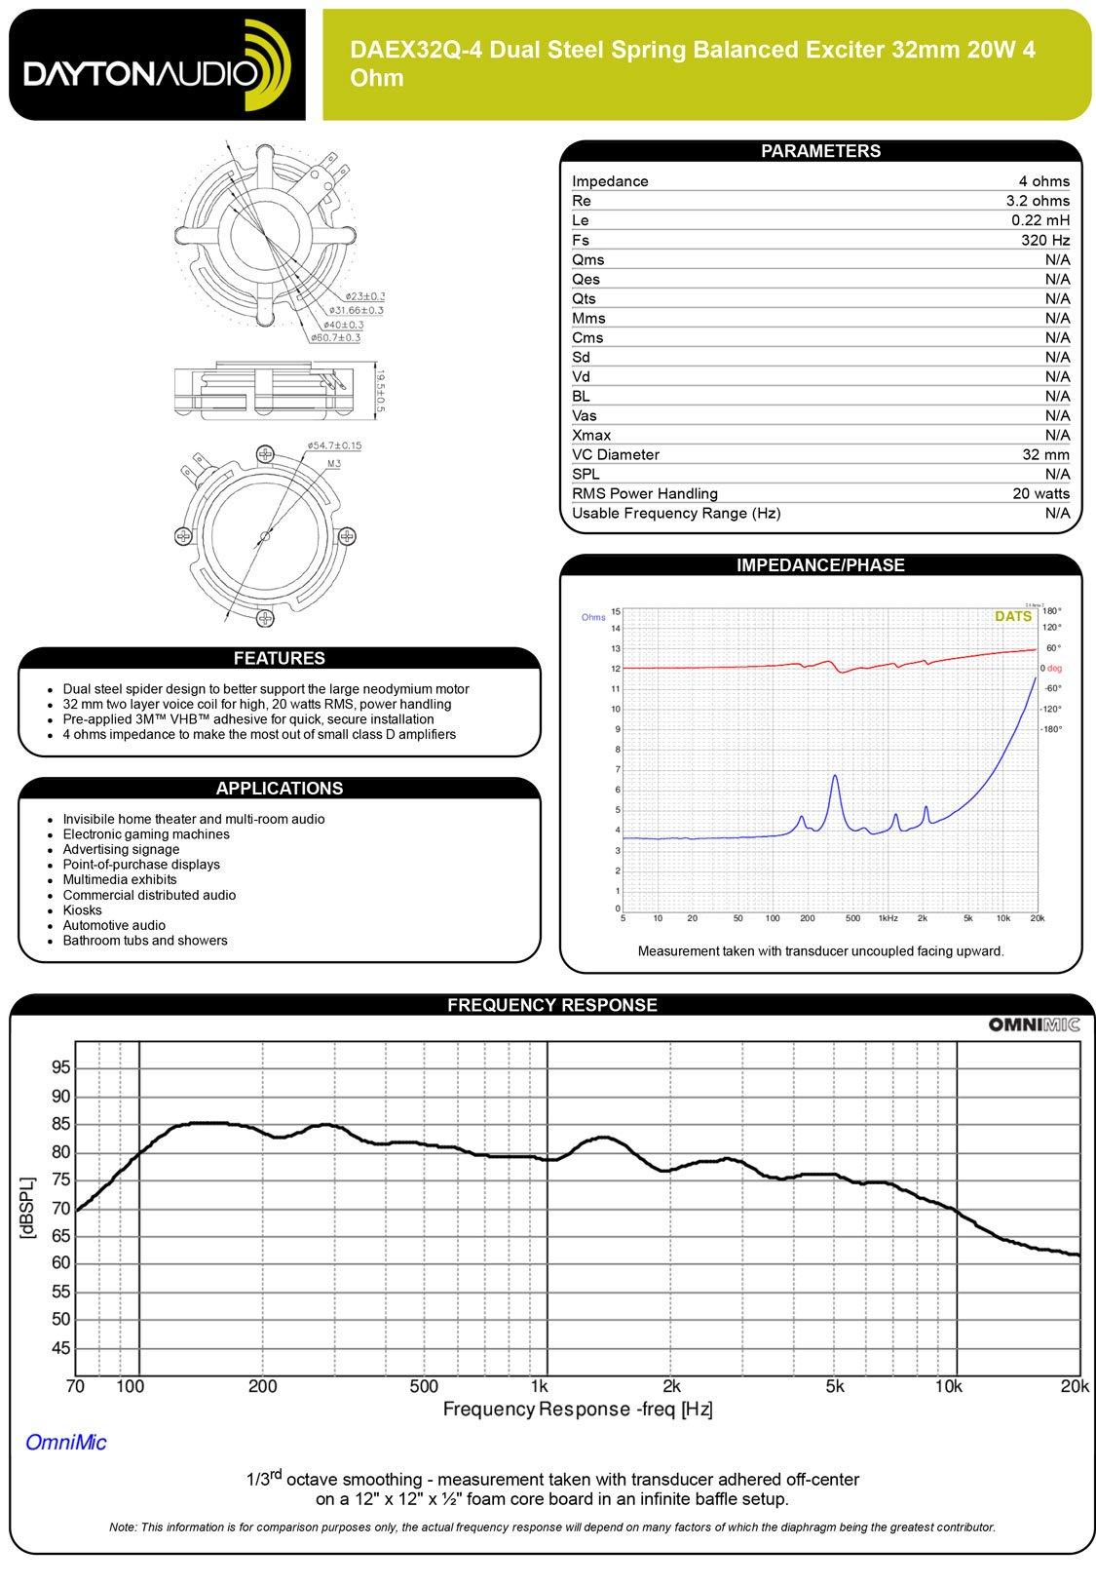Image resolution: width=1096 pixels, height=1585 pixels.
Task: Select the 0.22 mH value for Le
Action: [1040, 220]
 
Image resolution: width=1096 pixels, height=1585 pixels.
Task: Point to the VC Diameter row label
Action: [615, 454]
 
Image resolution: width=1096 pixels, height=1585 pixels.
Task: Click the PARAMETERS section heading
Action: [820, 151]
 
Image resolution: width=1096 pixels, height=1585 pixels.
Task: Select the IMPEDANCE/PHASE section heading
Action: [820, 565]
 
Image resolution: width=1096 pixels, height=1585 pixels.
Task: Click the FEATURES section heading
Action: [279, 659]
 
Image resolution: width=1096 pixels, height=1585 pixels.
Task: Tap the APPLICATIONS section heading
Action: [279, 789]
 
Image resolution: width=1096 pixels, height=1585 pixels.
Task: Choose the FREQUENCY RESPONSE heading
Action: [551, 1005]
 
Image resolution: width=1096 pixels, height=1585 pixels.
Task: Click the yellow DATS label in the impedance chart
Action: [1012, 617]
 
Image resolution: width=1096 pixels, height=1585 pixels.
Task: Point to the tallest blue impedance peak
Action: [835, 777]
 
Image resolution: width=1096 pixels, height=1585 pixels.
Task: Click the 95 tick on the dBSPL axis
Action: [60, 1068]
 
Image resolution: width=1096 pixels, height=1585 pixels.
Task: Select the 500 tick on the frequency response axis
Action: [423, 1386]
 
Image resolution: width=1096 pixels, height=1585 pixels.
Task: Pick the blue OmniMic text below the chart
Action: [66, 1443]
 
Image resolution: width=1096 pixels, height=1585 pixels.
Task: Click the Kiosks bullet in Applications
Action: [82, 910]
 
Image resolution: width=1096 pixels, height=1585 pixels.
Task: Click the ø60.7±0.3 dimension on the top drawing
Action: [335, 337]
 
